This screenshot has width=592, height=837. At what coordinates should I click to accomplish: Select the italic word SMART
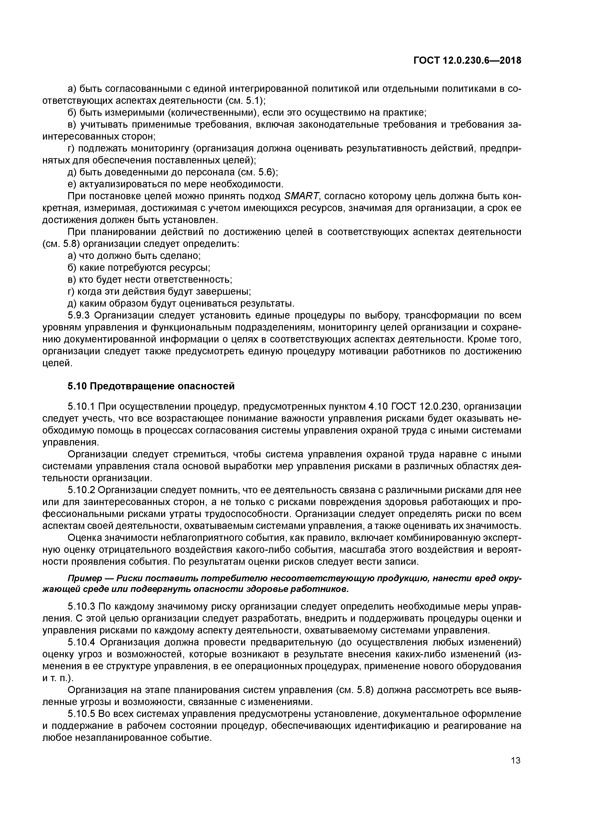point(301,197)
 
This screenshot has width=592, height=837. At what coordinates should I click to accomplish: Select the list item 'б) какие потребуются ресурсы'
point(139,268)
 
